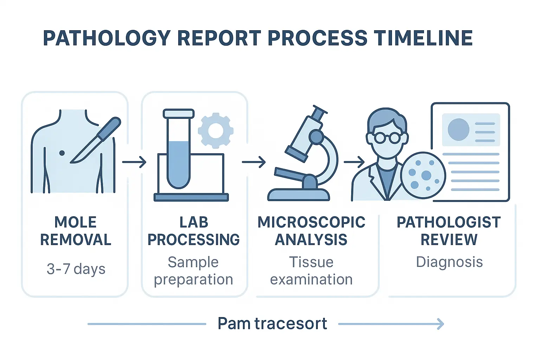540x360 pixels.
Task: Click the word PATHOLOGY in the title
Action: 107,38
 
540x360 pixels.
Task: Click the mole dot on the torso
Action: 62,153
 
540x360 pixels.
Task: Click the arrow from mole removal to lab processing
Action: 134,162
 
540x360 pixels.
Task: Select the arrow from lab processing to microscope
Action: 253,162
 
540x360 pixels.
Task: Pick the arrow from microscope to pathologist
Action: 354,162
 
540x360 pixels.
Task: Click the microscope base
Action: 298,194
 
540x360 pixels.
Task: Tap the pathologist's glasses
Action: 387,138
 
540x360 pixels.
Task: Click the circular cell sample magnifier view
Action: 423,175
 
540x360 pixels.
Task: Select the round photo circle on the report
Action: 458,129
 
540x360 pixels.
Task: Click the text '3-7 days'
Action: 76,269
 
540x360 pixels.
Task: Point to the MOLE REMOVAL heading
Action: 76,231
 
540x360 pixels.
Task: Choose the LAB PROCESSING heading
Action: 193,231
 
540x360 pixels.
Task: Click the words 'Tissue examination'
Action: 311,271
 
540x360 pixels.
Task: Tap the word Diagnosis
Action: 449,262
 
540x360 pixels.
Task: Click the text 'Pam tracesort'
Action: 272,323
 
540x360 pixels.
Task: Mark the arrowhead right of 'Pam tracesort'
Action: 441,324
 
